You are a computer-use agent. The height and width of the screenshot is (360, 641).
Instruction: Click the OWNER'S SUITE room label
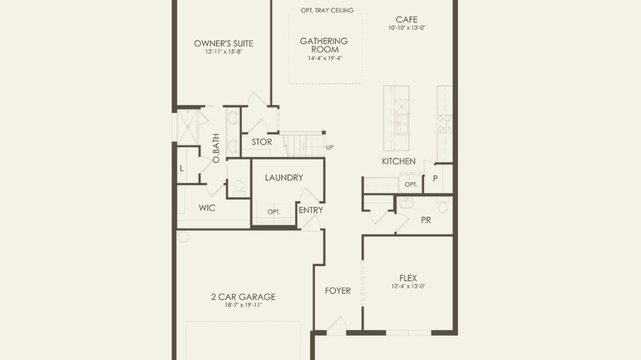[x=223, y=43]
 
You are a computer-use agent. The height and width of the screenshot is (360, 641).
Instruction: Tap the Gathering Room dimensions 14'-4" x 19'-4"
[x=325, y=58]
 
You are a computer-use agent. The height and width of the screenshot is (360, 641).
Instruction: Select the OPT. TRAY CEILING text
[x=327, y=10]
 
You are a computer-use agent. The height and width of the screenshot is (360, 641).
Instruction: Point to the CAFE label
[x=407, y=20]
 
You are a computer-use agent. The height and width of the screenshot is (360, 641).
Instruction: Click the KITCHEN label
[x=398, y=161]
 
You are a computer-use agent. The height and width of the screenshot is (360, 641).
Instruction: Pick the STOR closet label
[x=262, y=142]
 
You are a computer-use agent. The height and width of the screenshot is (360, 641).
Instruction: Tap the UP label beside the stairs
[x=330, y=147]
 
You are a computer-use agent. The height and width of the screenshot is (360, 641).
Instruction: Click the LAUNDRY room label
[x=284, y=177]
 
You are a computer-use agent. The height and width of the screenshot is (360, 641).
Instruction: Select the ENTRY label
[x=311, y=210]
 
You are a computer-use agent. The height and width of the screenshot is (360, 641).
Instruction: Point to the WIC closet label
[x=207, y=208]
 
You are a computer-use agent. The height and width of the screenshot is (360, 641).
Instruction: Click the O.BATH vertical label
[x=216, y=148]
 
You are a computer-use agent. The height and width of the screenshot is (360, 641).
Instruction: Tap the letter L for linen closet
[x=181, y=169]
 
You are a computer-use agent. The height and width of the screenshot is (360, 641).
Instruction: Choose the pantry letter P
[x=435, y=179]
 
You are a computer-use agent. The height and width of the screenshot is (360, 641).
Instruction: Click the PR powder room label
[x=426, y=220]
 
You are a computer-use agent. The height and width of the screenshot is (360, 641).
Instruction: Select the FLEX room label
[x=408, y=278]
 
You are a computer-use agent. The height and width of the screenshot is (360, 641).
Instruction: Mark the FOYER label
[x=338, y=291]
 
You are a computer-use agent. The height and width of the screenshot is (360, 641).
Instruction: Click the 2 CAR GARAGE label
[x=243, y=297]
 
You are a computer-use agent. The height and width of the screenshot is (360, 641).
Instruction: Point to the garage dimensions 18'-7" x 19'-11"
[x=243, y=305]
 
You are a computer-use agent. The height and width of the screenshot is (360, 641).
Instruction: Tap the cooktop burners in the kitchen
[x=444, y=124]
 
